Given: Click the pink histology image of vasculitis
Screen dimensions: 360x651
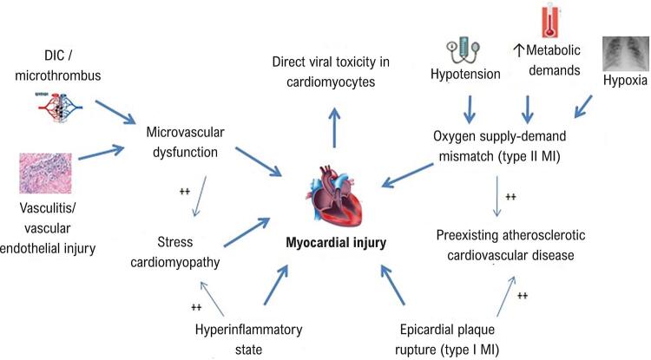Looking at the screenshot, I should coord(45,173).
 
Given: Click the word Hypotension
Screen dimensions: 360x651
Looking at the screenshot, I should coord(466,75).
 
